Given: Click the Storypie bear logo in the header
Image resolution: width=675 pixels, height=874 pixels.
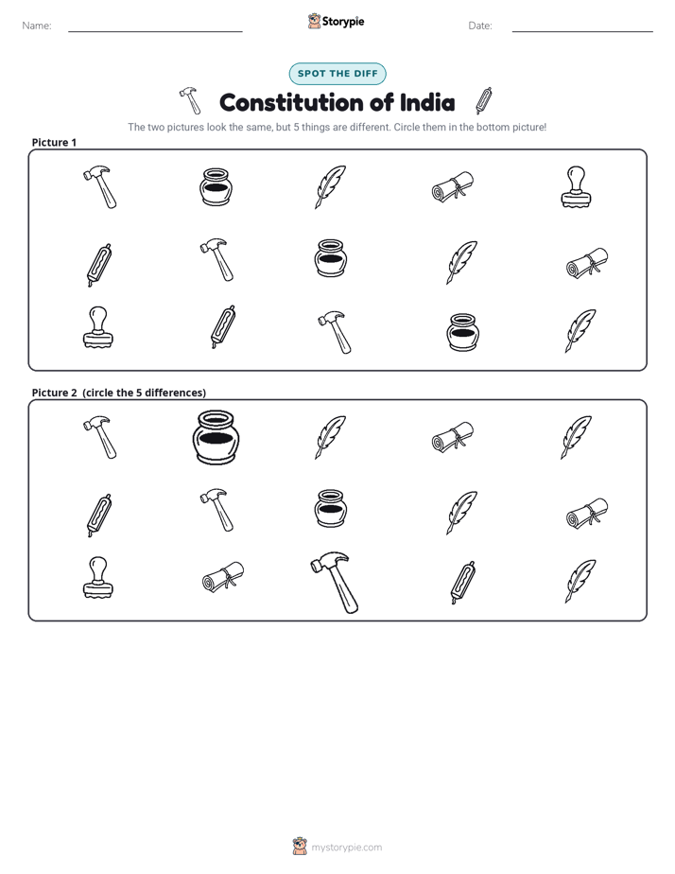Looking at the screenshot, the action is click(314, 21).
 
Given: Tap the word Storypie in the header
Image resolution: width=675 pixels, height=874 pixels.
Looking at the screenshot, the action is click(343, 22).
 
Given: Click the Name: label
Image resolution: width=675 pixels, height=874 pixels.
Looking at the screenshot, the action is click(37, 26).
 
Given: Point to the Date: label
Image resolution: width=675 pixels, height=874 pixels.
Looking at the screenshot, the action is click(480, 26).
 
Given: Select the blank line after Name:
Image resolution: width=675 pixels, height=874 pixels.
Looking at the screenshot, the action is click(155, 31).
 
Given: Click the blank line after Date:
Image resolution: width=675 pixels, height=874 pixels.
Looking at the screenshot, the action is click(582, 31).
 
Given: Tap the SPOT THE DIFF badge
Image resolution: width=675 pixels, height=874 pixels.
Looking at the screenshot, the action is click(337, 74).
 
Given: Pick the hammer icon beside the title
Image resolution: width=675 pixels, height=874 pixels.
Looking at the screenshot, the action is click(190, 99).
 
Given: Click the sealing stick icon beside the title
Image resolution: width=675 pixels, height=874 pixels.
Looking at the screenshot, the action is click(484, 100).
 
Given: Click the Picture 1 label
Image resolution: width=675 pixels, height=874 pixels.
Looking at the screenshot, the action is click(54, 142).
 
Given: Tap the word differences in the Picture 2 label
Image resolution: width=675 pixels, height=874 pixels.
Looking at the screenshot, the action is click(175, 393).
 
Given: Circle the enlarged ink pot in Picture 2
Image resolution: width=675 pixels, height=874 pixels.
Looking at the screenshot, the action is click(216, 438).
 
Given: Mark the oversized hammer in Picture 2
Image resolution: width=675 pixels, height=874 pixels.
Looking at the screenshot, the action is click(335, 583).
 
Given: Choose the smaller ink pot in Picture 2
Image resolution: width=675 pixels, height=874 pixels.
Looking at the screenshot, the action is click(331, 508).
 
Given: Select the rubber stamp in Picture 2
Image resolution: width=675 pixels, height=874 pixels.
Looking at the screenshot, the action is click(98, 577).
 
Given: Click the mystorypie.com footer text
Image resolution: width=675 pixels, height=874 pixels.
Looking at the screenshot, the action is click(346, 848).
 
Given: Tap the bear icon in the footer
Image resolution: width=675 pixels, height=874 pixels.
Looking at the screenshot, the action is click(300, 847).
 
